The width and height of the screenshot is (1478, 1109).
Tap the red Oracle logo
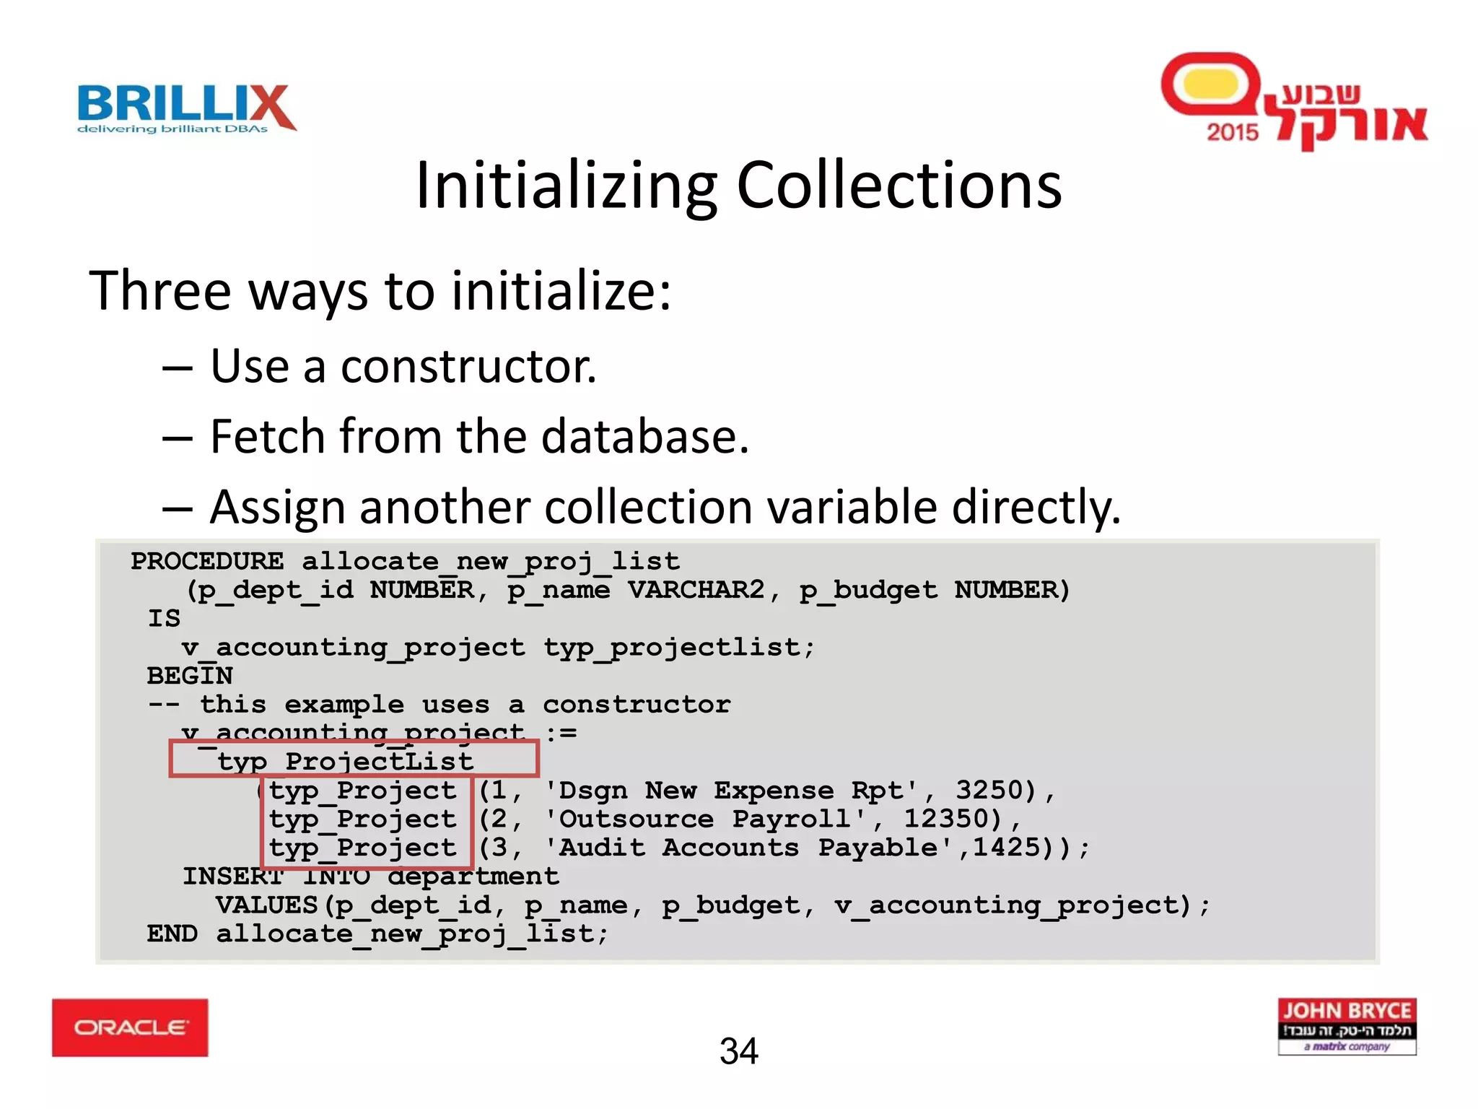point(130,1027)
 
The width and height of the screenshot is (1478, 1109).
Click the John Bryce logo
point(1347,1026)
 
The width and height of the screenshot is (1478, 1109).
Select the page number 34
point(738,1051)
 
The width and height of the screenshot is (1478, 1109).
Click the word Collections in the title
point(898,186)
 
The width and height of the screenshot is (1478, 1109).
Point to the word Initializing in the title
point(567,186)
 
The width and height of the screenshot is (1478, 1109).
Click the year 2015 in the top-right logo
point(1232,132)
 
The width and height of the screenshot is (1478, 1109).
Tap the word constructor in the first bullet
point(468,367)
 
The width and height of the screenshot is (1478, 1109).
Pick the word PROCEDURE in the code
point(207,561)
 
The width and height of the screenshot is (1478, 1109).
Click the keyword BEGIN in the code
point(190,676)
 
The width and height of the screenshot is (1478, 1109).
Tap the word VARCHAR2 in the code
point(696,590)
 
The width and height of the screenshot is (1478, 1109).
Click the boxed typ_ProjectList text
point(346,761)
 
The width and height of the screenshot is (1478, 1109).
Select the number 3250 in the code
point(996,790)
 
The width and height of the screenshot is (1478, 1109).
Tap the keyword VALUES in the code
point(266,905)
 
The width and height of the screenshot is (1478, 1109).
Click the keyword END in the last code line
point(172,934)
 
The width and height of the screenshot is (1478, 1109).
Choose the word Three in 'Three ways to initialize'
point(160,291)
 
